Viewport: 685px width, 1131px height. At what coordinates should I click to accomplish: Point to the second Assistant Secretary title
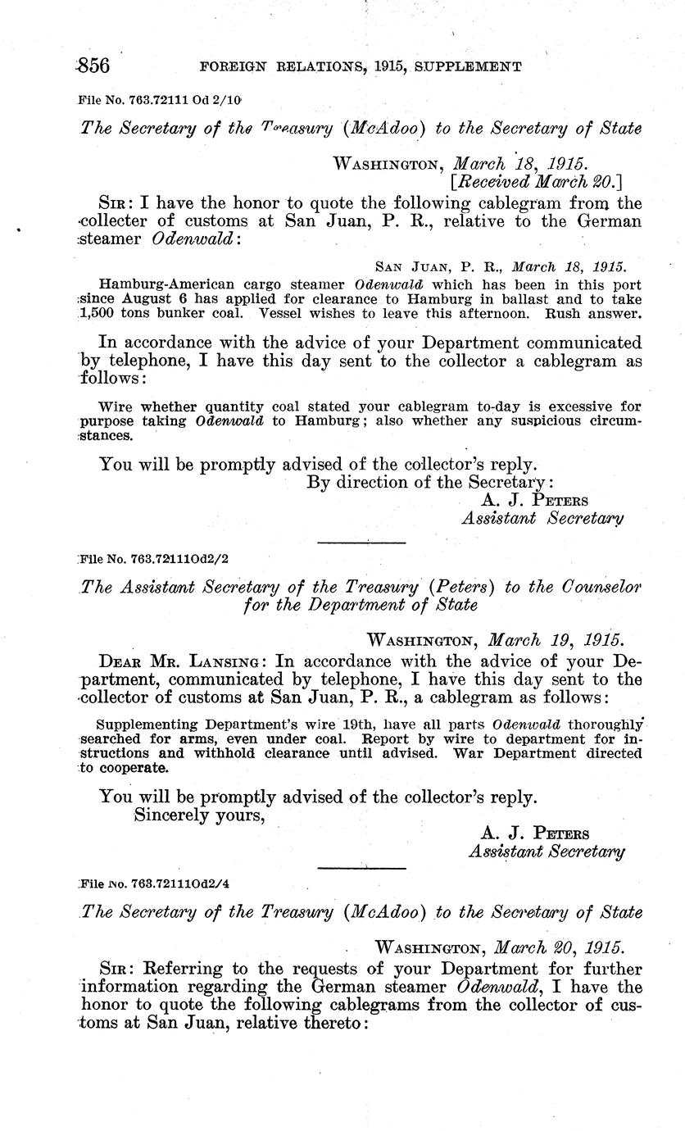[x=547, y=852]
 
